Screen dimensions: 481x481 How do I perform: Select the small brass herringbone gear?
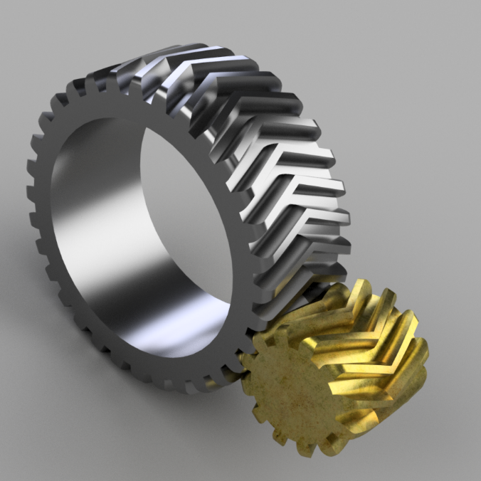334,370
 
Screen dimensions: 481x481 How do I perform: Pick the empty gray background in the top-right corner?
441,36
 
